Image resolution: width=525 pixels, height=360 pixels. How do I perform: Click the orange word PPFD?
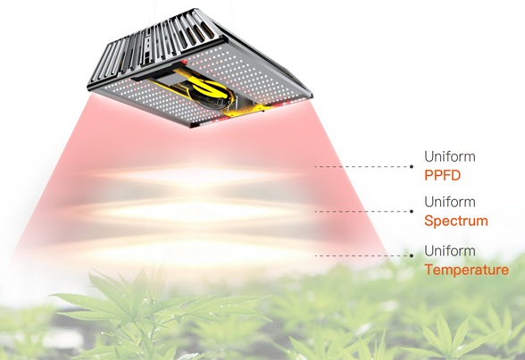pos(442,175)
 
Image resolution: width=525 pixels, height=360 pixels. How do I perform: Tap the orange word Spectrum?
pos(455,221)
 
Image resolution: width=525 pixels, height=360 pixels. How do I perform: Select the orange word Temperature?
pos(466,270)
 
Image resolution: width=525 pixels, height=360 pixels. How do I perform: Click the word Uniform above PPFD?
pos(450,156)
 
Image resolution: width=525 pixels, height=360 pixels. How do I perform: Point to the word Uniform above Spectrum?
pos(450,202)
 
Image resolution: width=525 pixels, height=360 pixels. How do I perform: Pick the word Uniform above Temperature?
pos(450,251)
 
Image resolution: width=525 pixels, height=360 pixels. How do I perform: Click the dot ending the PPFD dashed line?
pos(412,166)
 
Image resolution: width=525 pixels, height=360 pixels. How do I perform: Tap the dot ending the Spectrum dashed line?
pos(412,212)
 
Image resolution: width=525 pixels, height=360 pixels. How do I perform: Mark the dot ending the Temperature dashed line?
pos(412,255)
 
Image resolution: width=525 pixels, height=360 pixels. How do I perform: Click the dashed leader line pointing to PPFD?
pos(362,166)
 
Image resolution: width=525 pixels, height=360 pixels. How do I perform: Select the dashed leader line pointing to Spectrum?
pos(362,212)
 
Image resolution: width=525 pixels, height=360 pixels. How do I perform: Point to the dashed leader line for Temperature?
pos(362,255)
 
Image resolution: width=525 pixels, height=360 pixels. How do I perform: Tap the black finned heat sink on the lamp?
pos(157,46)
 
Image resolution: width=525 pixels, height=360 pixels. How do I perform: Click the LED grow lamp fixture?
pos(200,68)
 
